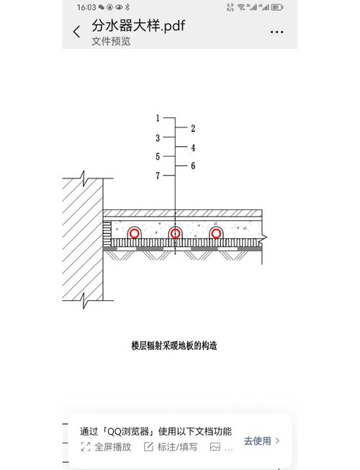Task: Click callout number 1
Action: [158, 118]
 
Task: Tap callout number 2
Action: [193, 129]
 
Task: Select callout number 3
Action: [158, 138]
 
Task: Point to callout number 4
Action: [193, 148]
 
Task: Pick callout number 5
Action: [158, 156]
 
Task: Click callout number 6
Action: [193, 166]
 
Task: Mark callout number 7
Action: [158, 176]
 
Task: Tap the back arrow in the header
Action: [77, 32]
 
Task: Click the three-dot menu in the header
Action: [276, 32]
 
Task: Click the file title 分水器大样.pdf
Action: [138, 26]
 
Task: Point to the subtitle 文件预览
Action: [111, 41]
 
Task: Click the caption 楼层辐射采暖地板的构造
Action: [174, 345]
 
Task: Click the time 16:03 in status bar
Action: [86, 7]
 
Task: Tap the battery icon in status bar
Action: [277, 7]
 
